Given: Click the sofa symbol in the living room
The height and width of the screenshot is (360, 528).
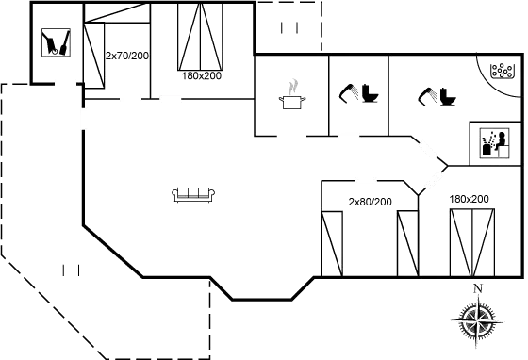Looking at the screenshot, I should pos(194,193).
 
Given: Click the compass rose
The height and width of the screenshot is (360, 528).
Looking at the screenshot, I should pos(478,319).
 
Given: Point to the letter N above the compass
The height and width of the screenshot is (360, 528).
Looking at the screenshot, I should pos(478,288).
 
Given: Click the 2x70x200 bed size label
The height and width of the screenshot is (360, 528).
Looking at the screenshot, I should pos(128,56).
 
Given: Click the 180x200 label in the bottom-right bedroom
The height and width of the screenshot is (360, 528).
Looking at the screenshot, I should pos(470,200).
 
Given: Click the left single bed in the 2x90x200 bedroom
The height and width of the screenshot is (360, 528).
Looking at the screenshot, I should pos(332,242).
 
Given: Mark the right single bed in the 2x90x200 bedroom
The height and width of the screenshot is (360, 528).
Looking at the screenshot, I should pos(406,242).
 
